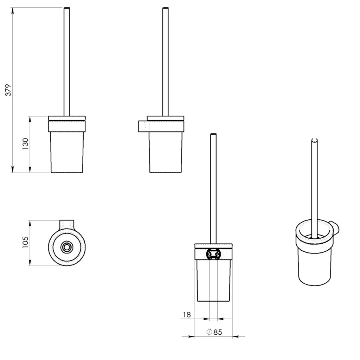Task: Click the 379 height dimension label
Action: click(x=8, y=90)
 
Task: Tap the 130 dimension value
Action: click(x=25, y=144)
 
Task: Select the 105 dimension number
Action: click(x=25, y=242)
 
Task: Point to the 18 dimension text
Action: click(x=187, y=315)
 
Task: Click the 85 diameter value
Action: click(x=218, y=332)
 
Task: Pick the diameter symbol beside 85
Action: click(x=209, y=332)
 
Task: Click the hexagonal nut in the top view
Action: click(x=66, y=247)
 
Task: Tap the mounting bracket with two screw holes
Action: click(x=213, y=254)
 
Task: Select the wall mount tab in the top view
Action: click(x=67, y=224)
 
